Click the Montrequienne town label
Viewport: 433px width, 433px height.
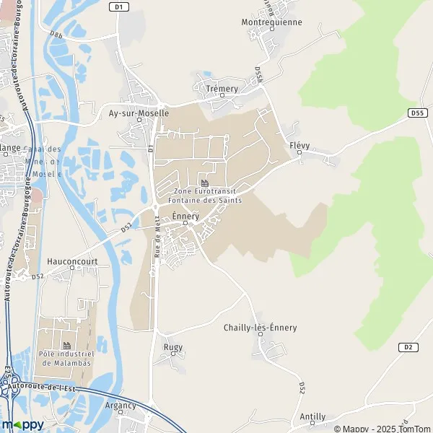(271, 22)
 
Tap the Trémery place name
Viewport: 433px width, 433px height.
(222, 89)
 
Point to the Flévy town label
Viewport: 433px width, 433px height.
(299, 145)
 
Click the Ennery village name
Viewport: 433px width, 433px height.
(185, 216)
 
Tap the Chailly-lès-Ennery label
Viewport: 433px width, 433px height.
(260, 327)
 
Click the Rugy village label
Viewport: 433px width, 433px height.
(173, 347)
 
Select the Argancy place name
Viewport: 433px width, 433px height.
(121, 406)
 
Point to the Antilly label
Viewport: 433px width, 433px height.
(312, 416)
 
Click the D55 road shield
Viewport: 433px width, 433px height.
(416, 113)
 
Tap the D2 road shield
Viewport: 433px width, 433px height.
(408, 347)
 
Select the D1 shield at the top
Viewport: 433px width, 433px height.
(120, 6)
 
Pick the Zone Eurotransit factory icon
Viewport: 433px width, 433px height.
(204, 183)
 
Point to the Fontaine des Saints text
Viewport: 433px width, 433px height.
(204, 200)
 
